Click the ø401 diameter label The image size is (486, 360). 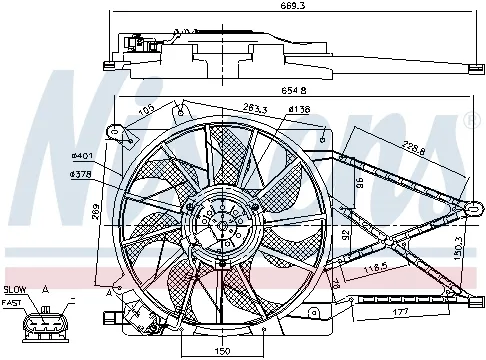tap(81, 155)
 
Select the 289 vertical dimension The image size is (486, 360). tap(96, 211)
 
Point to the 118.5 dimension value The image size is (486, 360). tap(375, 267)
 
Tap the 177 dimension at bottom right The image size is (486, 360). tap(399, 313)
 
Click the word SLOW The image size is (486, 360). tap(17, 287)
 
